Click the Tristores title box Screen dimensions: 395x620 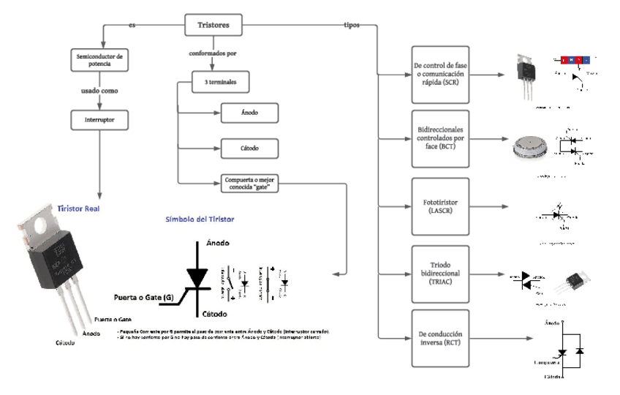pos(213,25)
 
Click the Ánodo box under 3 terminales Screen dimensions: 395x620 pos(249,112)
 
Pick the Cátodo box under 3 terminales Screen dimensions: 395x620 pos(249,147)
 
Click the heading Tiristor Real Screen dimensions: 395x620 pos(78,208)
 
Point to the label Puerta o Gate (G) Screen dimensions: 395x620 pos(143,298)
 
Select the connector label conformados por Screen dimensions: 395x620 pos(212,53)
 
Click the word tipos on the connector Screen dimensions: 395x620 pos(352,25)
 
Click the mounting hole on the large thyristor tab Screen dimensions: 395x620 pos(39,226)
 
